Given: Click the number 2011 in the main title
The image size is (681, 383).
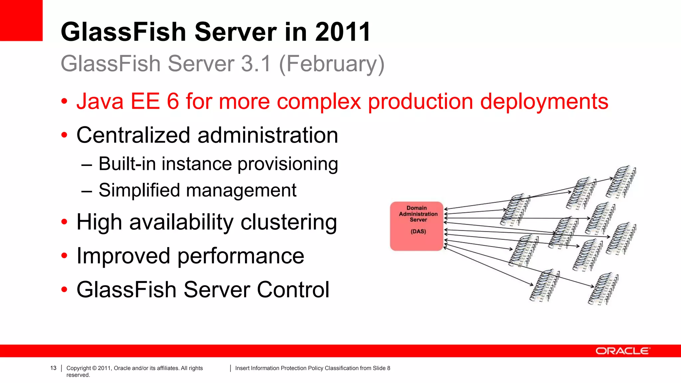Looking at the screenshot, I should [x=342, y=32].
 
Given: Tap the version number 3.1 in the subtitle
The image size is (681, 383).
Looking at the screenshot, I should [x=256, y=64].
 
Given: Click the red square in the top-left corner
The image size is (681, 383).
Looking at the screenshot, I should [x=21, y=20].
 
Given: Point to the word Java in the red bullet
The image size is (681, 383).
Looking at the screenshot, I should [x=100, y=101].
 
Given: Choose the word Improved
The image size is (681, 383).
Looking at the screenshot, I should [x=123, y=256].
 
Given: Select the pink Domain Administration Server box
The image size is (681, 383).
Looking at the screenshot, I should [x=417, y=226].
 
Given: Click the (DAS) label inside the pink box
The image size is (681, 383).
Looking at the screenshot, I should [x=418, y=231].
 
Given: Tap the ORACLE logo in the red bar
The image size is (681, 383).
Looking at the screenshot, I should [x=622, y=351].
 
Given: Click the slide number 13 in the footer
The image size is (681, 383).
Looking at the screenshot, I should [x=53, y=368].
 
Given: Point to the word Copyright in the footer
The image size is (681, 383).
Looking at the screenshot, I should [x=78, y=368].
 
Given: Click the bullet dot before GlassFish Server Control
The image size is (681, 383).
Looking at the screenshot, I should [x=64, y=290].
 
